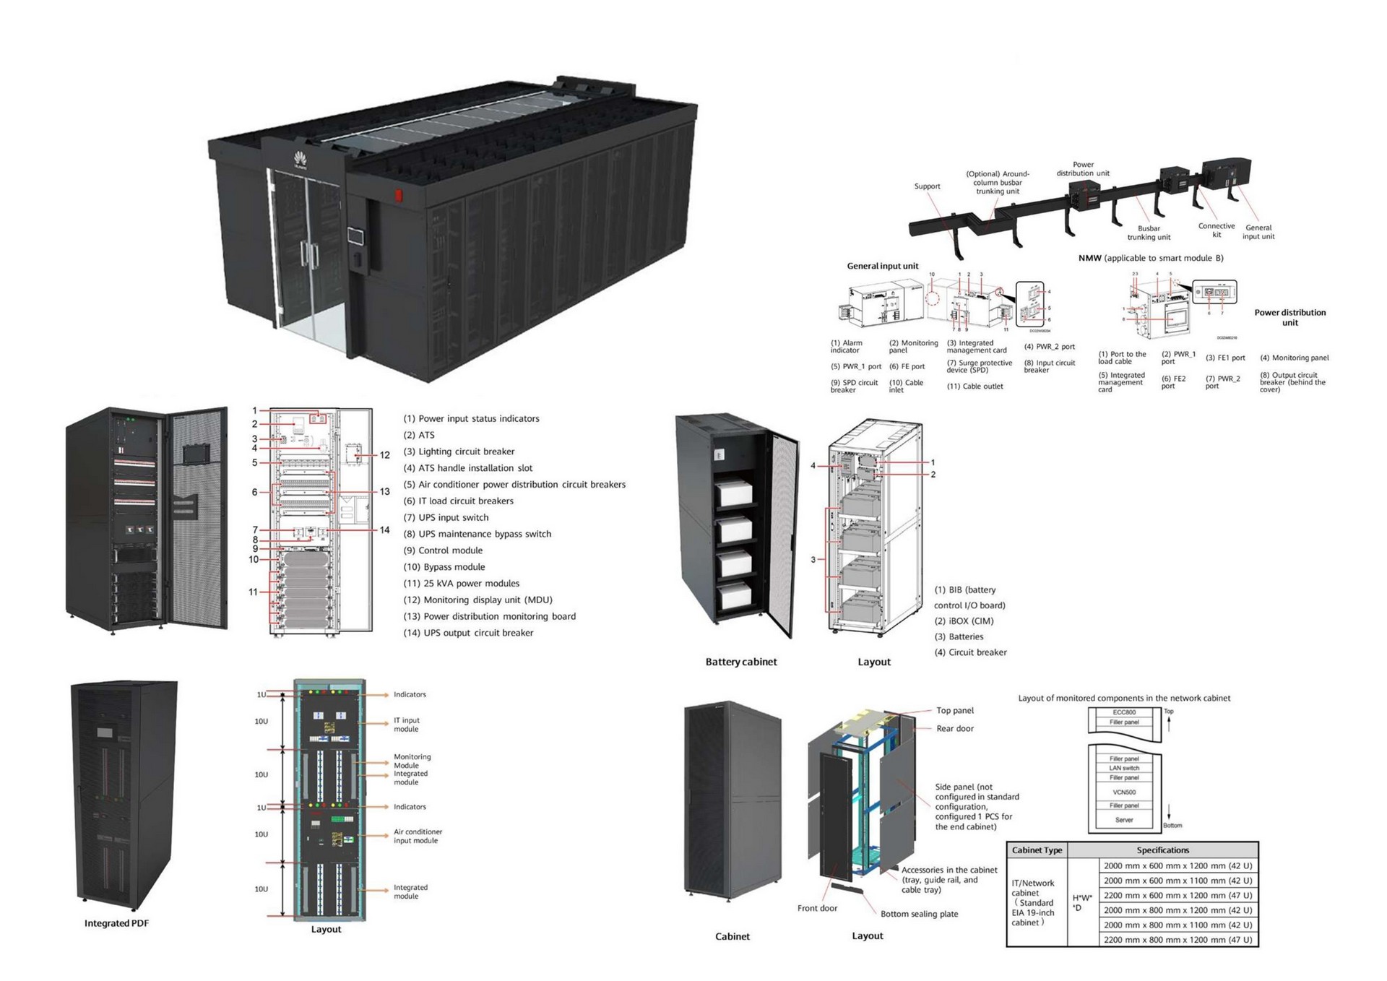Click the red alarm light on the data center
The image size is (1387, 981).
(397, 195)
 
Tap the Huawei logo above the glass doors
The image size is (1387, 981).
(300, 160)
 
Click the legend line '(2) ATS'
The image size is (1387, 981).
(419, 435)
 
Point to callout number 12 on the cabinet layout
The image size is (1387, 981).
(385, 455)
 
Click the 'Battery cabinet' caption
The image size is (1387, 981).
(741, 662)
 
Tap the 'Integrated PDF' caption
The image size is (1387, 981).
(116, 923)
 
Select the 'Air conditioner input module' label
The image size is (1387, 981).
(418, 836)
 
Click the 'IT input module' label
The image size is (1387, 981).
(406, 725)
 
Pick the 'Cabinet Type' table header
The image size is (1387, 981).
(1037, 850)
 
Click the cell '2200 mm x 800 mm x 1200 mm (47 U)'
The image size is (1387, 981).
(1178, 940)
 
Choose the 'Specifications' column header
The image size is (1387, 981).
(1162, 850)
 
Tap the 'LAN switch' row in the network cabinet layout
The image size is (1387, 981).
(1124, 768)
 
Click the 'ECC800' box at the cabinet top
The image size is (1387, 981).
(1124, 712)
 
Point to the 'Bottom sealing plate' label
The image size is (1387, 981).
(919, 914)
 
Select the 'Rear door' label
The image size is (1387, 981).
(955, 728)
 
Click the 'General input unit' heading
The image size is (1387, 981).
(882, 266)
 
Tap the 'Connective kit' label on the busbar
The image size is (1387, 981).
(1217, 230)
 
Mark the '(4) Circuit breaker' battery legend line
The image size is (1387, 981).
(970, 652)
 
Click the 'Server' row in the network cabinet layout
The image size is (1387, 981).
(1124, 820)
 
